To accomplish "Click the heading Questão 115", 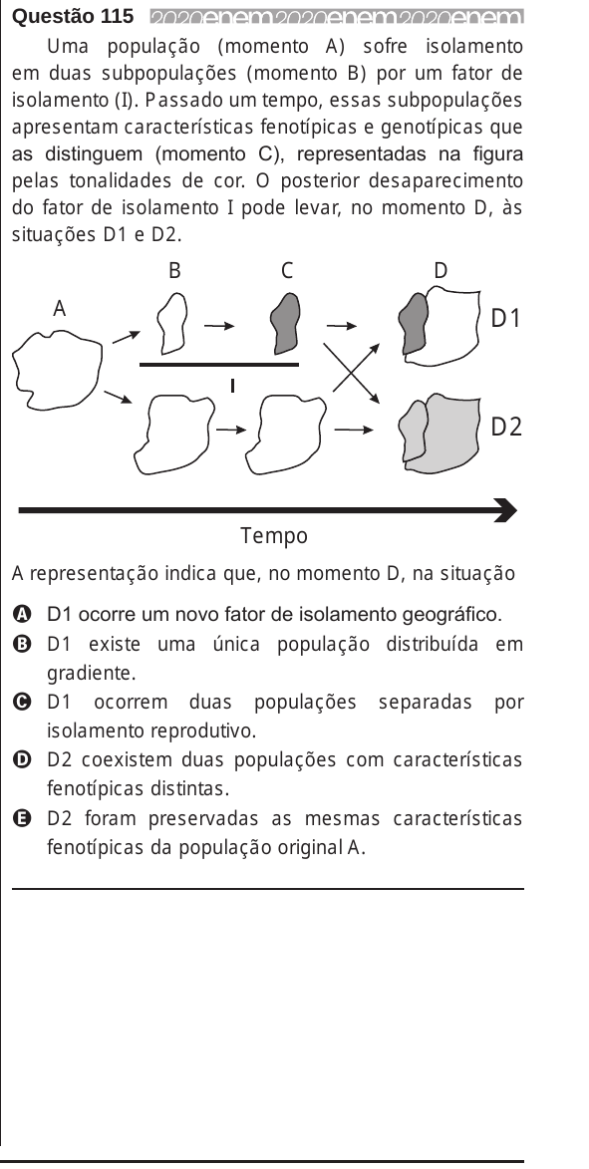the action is pyautogui.click(x=74, y=16).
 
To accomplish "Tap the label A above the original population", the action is pyautogui.click(x=60, y=308).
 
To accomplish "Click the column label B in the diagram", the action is pyautogui.click(x=174, y=271).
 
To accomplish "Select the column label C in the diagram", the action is pyautogui.click(x=287, y=271).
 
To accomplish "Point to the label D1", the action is pyautogui.click(x=504, y=318).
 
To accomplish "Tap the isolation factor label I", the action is pyautogui.click(x=232, y=386).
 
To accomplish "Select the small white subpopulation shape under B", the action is pyautogui.click(x=172, y=322).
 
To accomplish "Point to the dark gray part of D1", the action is pyautogui.click(x=413, y=324).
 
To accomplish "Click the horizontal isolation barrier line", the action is pyautogui.click(x=219, y=365).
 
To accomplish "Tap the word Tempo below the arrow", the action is pyautogui.click(x=274, y=536).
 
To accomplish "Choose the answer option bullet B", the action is pyautogui.click(x=22, y=644).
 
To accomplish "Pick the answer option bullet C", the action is pyautogui.click(x=22, y=703).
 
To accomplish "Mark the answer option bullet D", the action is pyautogui.click(x=22, y=760).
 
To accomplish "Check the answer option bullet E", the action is pyautogui.click(x=22, y=818).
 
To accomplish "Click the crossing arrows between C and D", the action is pyautogui.click(x=352, y=373).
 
